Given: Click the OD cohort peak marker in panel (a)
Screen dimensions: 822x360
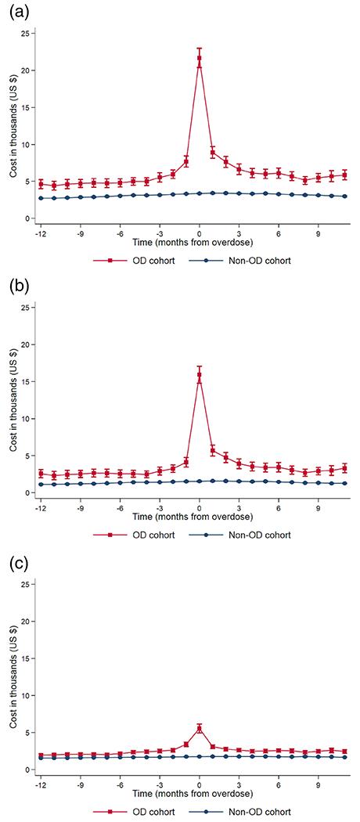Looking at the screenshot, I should click(x=200, y=58).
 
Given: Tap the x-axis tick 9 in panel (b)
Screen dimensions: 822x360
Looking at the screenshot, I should click(x=319, y=507).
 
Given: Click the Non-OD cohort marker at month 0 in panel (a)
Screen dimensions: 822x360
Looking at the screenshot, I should click(x=200, y=193).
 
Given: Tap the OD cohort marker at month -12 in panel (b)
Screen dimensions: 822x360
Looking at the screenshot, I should click(x=41, y=474).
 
